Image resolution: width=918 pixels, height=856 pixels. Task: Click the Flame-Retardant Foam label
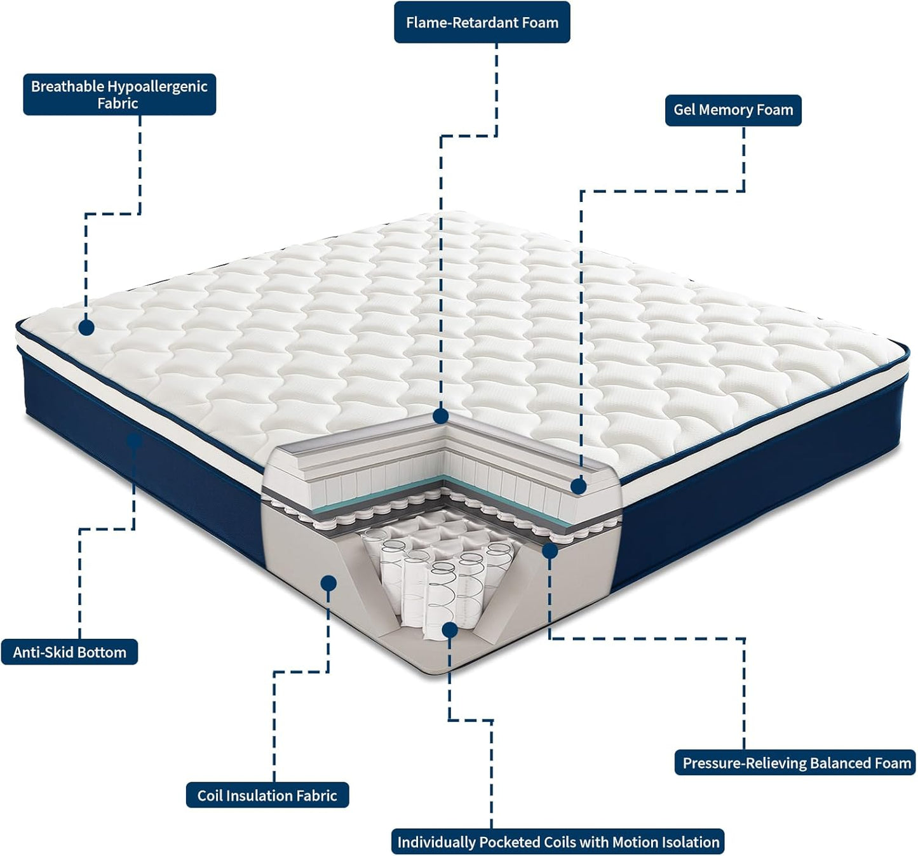click(x=482, y=22)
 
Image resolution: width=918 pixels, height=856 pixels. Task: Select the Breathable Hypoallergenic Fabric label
click(x=119, y=95)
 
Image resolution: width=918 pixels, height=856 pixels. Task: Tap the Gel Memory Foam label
click(x=733, y=110)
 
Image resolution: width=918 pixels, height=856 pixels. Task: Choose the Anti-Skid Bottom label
click(x=69, y=652)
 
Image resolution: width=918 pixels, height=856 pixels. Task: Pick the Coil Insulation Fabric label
click(x=267, y=795)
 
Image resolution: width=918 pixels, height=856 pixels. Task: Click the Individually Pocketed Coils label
click(x=558, y=842)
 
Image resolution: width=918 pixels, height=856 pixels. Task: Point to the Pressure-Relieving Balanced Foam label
click(x=796, y=763)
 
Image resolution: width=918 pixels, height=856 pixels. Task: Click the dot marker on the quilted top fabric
click(x=86, y=328)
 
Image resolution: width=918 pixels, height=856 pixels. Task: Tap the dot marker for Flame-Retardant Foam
click(x=441, y=417)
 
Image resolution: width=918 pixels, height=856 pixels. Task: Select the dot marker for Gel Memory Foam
click(x=578, y=486)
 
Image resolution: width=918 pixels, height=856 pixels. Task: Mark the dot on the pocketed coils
click(x=450, y=630)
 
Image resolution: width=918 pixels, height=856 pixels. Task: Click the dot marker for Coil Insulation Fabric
click(x=328, y=583)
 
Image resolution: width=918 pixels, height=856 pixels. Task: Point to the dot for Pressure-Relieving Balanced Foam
click(x=550, y=551)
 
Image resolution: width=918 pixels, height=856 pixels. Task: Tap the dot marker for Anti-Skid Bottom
click(x=134, y=439)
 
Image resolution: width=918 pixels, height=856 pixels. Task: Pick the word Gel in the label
click(x=685, y=110)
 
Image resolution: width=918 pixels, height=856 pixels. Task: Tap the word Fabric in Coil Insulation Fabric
click(x=315, y=795)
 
